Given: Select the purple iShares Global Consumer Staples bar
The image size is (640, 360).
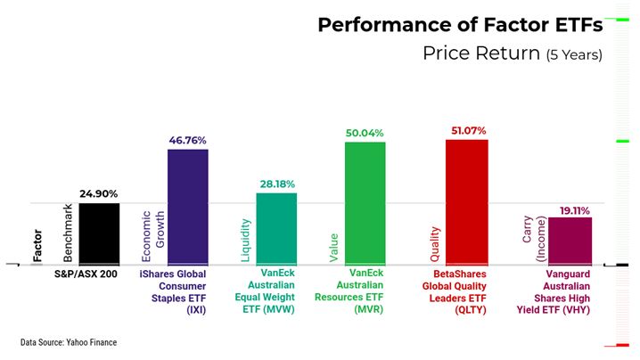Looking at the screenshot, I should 187,206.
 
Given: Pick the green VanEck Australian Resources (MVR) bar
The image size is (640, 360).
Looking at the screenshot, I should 365,202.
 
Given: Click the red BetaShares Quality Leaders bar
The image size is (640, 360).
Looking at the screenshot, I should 467,201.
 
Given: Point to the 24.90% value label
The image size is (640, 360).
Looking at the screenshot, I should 99,193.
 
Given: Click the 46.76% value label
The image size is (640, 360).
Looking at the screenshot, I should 187,140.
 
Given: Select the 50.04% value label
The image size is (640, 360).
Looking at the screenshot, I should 365,133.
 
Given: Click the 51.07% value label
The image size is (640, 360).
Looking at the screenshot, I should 467,130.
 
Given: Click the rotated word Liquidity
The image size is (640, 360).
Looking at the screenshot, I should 246,240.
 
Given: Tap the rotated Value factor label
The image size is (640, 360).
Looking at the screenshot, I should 334,247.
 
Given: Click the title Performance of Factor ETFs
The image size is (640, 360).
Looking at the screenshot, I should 460,25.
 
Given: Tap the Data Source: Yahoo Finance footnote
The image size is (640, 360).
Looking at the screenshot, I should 69,342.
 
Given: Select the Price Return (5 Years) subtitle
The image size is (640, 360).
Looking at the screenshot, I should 512,53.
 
